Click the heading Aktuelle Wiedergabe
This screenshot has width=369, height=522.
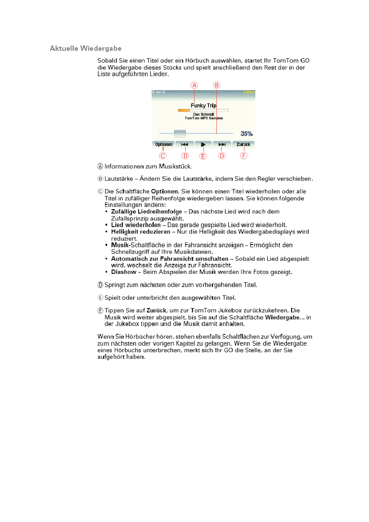tap(86, 48)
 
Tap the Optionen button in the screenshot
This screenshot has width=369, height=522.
tap(164, 144)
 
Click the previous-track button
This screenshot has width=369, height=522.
tap(184, 144)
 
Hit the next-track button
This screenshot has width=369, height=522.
tap(222, 144)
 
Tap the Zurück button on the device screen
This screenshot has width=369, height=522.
tap(243, 144)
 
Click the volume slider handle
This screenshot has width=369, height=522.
tap(180, 133)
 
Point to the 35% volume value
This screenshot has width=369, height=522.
tap(246, 133)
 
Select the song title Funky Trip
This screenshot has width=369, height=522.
tap(203, 105)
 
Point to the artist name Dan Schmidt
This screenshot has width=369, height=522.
tap(203, 114)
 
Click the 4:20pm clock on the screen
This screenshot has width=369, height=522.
tap(249, 92)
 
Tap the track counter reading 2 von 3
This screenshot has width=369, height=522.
tap(158, 92)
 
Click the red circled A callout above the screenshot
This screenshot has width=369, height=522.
tap(195, 85)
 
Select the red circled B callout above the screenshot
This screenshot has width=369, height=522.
tap(216, 85)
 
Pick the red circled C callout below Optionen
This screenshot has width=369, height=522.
tap(163, 155)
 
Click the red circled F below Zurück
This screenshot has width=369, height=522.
tap(244, 155)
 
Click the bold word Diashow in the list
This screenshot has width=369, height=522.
tap(124, 272)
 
